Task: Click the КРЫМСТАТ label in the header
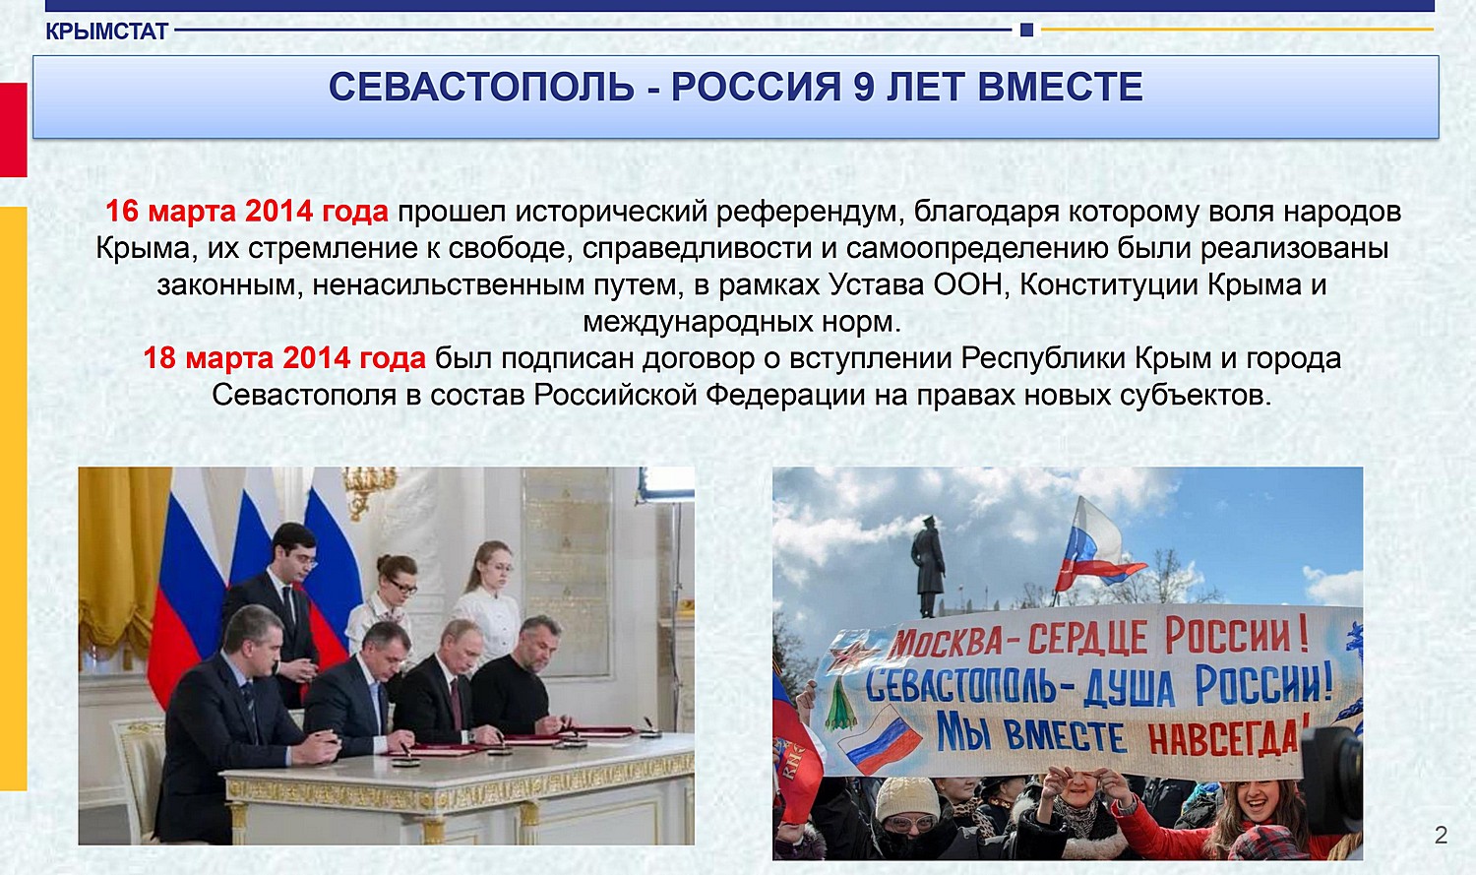[x=106, y=31]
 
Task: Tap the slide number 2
[x=1442, y=835]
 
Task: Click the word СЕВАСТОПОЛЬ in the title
[x=482, y=87]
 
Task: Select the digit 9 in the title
[x=864, y=87]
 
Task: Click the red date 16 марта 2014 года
[x=247, y=212]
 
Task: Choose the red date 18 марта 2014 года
[x=284, y=358]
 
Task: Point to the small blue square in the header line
[x=1026, y=30]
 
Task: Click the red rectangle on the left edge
[x=13, y=130]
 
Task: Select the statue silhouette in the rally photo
[x=928, y=565]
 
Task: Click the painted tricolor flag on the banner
[x=880, y=741]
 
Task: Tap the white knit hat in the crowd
[x=906, y=798]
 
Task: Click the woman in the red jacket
[x=1239, y=824]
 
